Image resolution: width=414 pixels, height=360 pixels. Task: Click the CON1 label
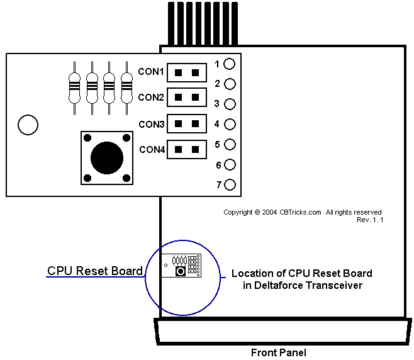coord(151,72)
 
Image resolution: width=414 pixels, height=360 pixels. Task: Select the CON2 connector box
coord(187,98)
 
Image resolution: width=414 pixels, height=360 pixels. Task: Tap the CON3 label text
coord(151,124)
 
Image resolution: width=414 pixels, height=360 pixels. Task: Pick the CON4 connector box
coord(187,149)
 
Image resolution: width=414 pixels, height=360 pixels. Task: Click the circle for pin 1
coord(230,64)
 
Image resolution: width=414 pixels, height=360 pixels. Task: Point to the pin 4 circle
coord(230,124)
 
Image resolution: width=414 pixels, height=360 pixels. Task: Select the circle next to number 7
coord(230,185)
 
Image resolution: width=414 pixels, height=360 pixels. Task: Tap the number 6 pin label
coord(218,165)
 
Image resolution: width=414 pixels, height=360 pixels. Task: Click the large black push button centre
coord(107,157)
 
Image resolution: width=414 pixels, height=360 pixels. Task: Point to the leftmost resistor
coord(75,88)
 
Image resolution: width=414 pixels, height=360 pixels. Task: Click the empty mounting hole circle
coord(28,125)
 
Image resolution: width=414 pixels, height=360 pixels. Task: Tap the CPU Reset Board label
coord(95,271)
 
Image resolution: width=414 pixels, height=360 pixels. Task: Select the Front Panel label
coord(278,352)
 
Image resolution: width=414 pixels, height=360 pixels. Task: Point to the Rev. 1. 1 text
coord(370,220)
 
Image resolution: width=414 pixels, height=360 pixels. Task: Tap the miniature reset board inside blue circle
coord(182,265)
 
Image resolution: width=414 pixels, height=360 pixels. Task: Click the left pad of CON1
coord(179,72)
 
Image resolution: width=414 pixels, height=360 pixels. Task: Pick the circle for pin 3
coord(230,104)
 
